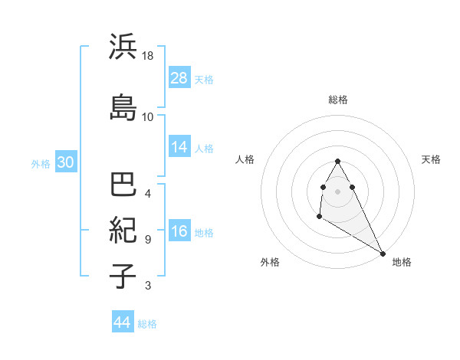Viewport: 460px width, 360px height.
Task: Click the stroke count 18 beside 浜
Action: [148, 57]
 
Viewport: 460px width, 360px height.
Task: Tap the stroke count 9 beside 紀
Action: [148, 239]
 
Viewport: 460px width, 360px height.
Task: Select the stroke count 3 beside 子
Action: [148, 286]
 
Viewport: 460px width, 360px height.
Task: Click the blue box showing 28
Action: [179, 78]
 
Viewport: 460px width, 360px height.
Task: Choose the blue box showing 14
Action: [179, 147]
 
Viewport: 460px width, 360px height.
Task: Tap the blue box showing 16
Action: [179, 231]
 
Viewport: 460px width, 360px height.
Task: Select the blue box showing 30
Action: [65, 162]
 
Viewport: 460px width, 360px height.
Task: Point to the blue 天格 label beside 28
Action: [204, 79]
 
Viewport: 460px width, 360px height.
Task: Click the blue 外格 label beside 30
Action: [41, 163]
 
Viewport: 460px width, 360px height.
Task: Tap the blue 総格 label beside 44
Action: [147, 324]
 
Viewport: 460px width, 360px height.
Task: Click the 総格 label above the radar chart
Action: [338, 100]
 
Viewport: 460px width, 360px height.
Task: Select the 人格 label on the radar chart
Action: [245, 159]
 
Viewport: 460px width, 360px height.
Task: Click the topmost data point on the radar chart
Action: [337, 162]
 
